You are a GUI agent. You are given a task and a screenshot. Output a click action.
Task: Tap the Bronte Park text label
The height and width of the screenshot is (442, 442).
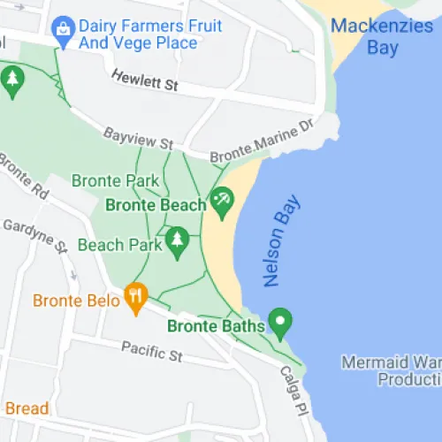click(115, 181)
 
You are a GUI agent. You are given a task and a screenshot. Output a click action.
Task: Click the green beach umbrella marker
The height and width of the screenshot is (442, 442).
click(220, 202)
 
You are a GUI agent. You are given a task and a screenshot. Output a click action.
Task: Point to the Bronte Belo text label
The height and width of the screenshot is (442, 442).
click(76, 301)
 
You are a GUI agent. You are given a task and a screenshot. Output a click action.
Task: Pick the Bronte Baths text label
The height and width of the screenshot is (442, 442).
click(216, 326)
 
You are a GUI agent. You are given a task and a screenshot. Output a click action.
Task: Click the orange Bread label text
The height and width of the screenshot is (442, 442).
click(27, 408)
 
